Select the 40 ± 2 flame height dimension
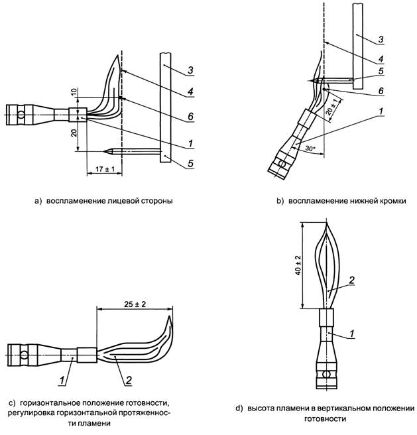coord(298,266)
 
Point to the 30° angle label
coord(310,149)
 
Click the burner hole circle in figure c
coord(24,357)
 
